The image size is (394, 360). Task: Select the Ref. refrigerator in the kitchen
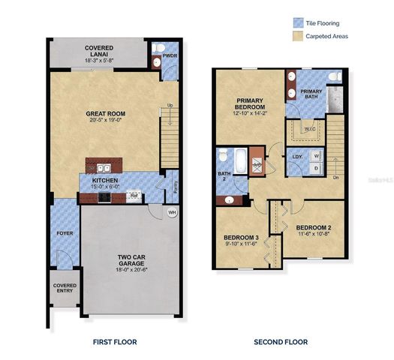coord(135,196)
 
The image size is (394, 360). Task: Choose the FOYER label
coord(65,233)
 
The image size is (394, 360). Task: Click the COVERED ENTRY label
coord(65,291)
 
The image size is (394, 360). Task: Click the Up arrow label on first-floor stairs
coord(171,104)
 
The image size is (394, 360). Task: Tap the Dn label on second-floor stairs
coord(335,177)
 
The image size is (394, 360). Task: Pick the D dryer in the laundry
coord(316,169)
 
